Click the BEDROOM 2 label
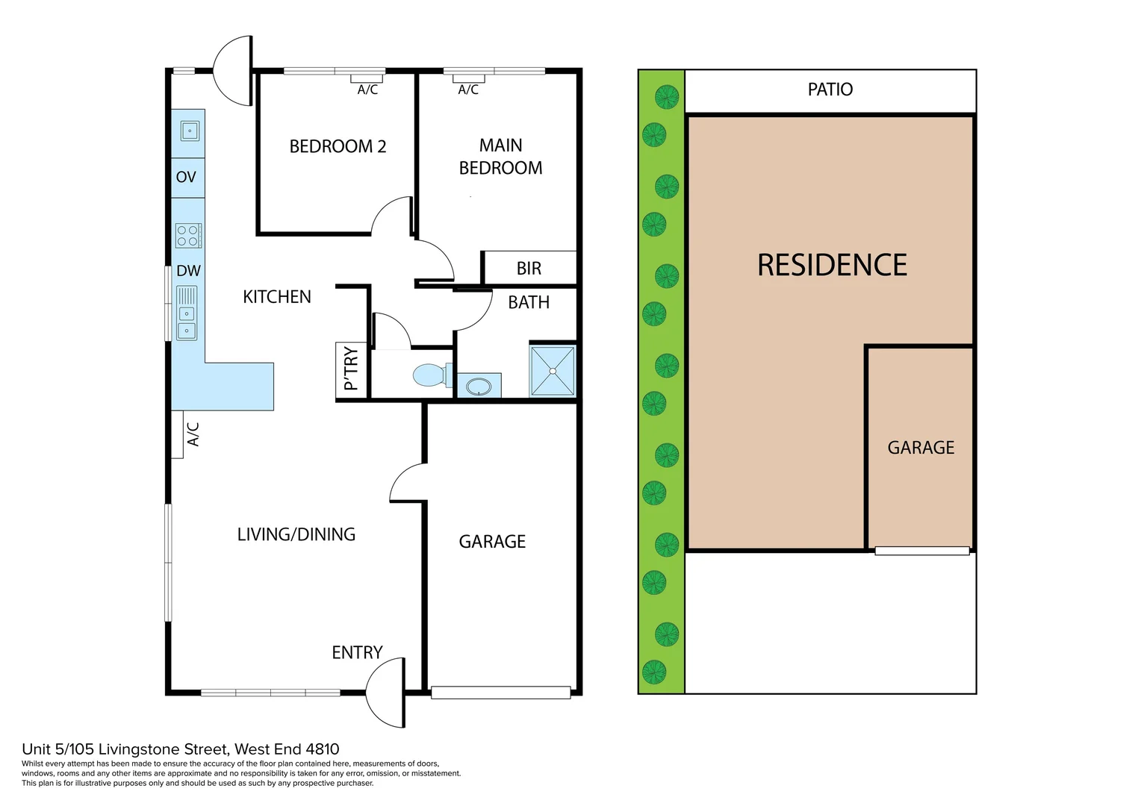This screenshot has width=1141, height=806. [338, 146]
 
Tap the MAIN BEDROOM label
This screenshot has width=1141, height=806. [500, 157]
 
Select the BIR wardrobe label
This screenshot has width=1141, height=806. [529, 269]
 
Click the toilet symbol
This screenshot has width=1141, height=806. [430, 375]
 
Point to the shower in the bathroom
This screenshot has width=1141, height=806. [553, 371]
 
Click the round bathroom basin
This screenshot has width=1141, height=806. [478, 387]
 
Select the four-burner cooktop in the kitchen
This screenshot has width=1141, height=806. [188, 236]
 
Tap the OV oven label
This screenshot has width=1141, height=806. [186, 178]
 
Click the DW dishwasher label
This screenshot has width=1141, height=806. [188, 271]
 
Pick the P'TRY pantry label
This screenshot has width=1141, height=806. [351, 369]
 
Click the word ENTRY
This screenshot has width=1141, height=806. [357, 653]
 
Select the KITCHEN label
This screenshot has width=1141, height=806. [277, 297]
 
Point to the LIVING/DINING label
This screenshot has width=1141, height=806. [296, 534]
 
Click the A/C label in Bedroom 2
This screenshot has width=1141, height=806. [367, 90]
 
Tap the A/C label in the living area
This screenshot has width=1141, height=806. [193, 434]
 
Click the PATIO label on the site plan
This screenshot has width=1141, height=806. [830, 90]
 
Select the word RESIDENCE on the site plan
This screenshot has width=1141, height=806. [832, 266]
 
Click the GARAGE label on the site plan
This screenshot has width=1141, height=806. [921, 448]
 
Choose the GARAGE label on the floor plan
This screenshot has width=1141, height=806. [492, 542]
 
